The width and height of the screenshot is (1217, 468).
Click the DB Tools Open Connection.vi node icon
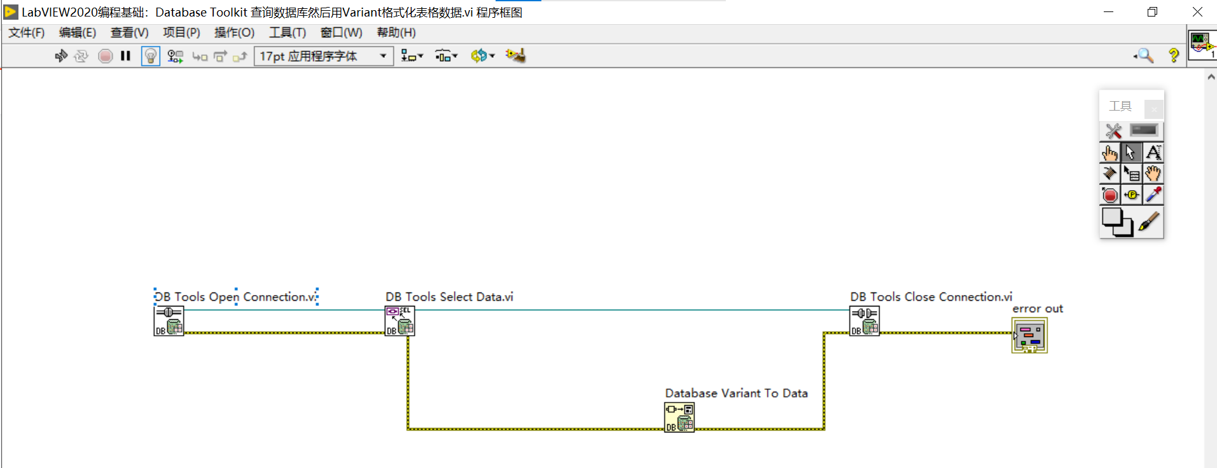click(169, 320)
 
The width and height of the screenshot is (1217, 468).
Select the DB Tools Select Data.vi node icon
click(400, 320)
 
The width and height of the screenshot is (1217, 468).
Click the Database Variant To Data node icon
click(679, 418)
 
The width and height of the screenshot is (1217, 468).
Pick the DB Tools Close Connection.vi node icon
click(865, 320)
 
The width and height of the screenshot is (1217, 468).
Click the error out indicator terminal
click(1029, 336)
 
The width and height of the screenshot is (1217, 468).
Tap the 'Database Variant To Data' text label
click(736, 393)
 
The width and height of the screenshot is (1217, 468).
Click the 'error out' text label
click(1037, 309)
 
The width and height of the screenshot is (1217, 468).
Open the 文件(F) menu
click(26, 32)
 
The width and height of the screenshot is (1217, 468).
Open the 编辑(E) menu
click(77, 32)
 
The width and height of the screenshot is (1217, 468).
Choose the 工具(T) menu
click(287, 32)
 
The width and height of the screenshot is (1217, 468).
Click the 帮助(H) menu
click(396, 32)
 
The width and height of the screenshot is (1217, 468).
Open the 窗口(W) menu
click(341, 32)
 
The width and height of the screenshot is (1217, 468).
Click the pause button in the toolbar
click(125, 56)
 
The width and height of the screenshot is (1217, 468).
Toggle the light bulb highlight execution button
click(150, 56)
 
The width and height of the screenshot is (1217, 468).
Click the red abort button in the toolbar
click(106, 56)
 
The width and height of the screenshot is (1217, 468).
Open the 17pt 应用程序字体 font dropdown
click(323, 56)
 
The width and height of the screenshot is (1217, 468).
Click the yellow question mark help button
click(1173, 56)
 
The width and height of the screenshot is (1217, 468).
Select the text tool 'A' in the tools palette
click(1153, 153)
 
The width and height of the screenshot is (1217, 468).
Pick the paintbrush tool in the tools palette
click(1149, 222)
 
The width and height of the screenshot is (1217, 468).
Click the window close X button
click(1197, 12)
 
